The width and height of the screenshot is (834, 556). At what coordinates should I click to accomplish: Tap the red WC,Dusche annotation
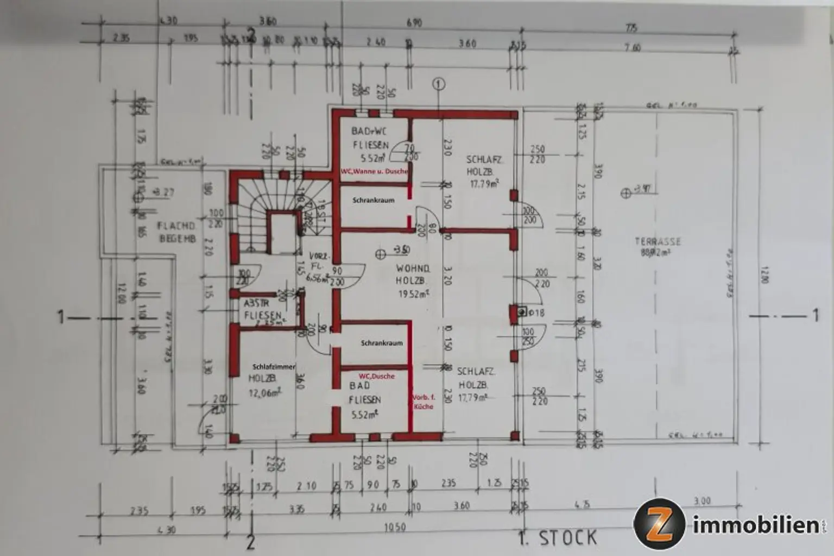click(376, 376)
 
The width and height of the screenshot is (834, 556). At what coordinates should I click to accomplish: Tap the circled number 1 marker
click(439, 84)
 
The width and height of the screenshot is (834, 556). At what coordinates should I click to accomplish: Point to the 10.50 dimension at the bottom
click(394, 528)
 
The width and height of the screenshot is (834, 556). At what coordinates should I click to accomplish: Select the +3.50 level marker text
click(401, 249)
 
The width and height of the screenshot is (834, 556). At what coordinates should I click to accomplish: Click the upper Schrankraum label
click(373, 200)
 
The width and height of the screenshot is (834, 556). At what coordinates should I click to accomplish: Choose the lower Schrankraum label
click(382, 343)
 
